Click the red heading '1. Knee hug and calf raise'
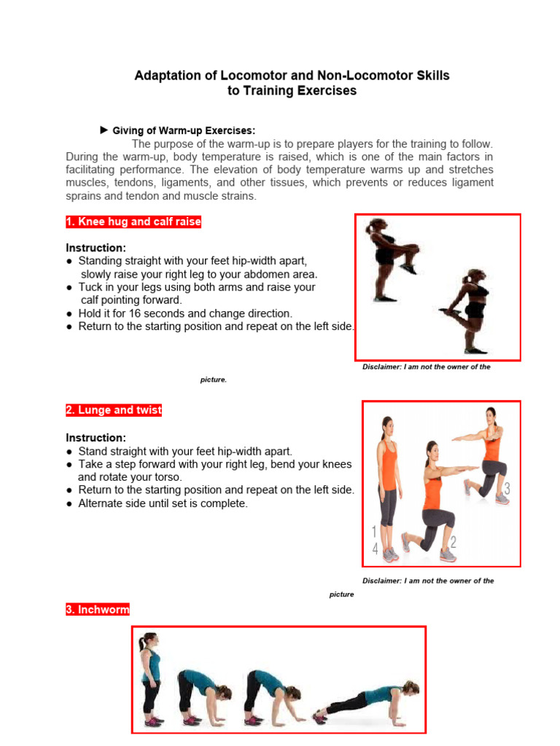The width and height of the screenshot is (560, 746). pyautogui.click(x=133, y=222)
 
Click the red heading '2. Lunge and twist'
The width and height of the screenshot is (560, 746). pyautogui.click(x=114, y=410)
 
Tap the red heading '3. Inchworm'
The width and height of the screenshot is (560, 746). pyautogui.click(x=97, y=610)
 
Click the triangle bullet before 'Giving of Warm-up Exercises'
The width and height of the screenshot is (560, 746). pyautogui.click(x=104, y=130)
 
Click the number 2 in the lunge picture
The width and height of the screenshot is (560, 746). pyautogui.click(x=453, y=542)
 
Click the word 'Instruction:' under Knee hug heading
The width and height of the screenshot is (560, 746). pyautogui.click(x=96, y=248)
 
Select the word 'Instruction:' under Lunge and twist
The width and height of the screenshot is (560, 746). pyautogui.click(x=96, y=438)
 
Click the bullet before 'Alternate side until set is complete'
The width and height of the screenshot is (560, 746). pyautogui.click(x=69, y=503)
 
